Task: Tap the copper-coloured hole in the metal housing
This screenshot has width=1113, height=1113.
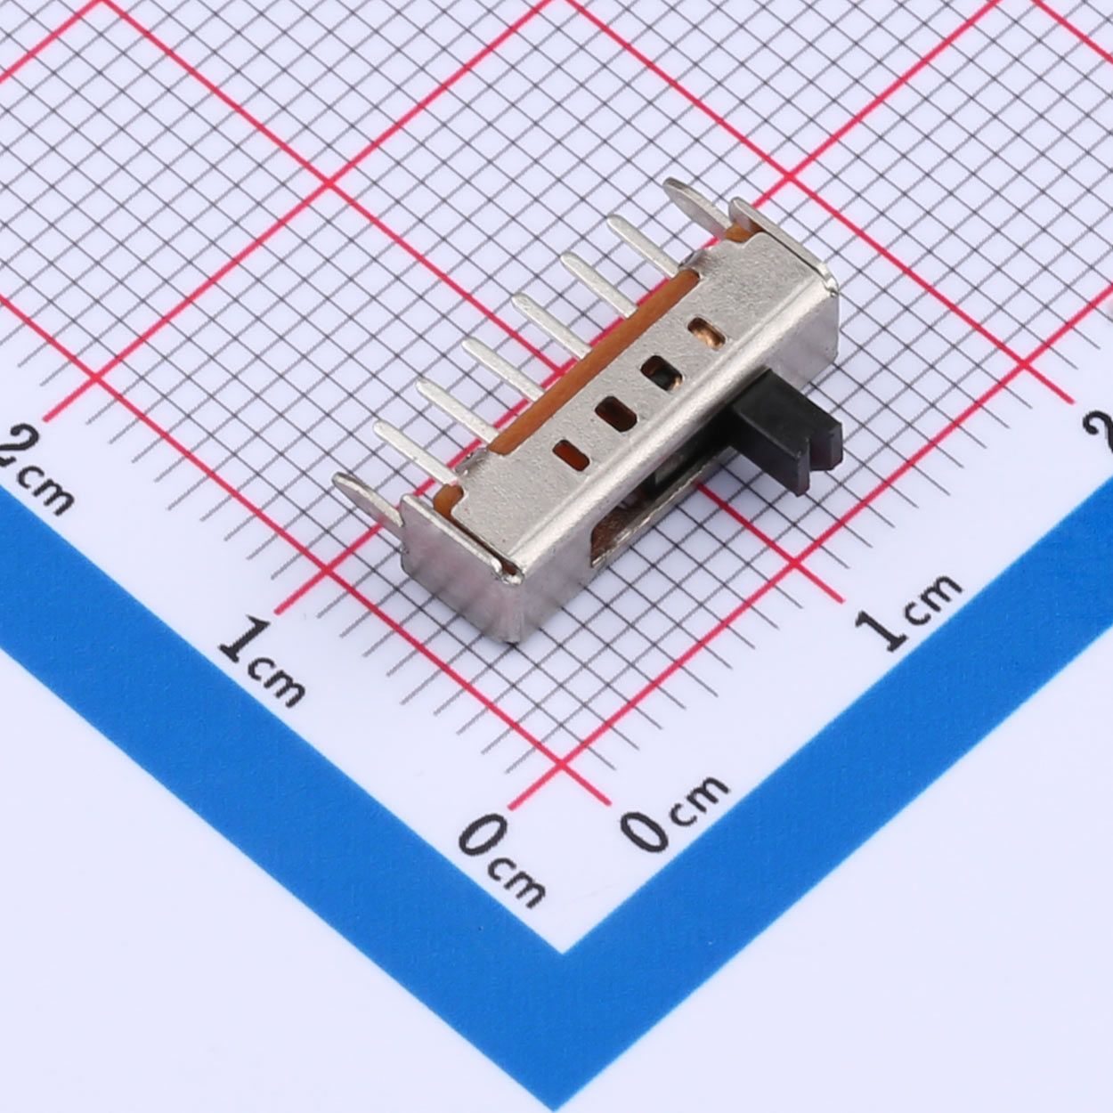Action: point(708,333)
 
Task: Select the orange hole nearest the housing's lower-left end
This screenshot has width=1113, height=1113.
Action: point(571,454)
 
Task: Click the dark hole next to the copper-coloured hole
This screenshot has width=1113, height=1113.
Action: point(662,372)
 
